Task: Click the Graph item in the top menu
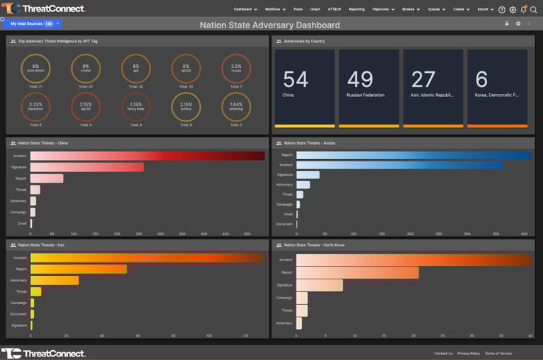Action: pos(315,9)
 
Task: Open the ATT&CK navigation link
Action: pos(334,9)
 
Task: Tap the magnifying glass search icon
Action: pos(534,10)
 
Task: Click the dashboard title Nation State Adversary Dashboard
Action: pos(270,25)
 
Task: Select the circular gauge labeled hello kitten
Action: pos(36,69)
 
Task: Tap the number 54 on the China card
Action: pos(296,79)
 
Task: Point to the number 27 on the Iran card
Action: pos(423,79)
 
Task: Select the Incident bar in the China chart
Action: pos(147,156)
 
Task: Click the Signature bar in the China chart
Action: pos(87,167)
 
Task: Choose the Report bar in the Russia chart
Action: pos(413,155)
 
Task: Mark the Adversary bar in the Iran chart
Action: pos(54,280)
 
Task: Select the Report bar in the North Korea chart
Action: pos(357,272)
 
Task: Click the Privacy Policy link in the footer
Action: pos(468,353)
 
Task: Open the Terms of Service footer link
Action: pos(498,353)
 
